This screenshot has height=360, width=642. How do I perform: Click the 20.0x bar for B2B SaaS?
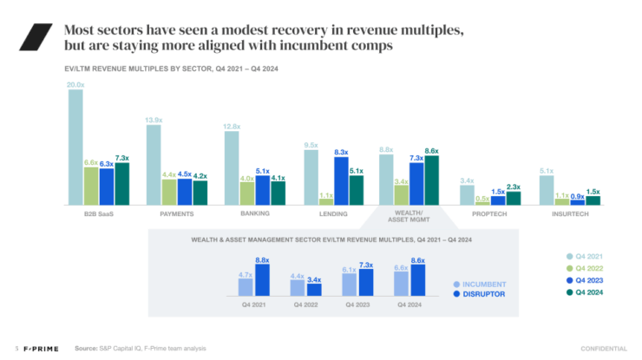pos(76,147)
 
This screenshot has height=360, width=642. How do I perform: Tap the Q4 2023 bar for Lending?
pos(341,180)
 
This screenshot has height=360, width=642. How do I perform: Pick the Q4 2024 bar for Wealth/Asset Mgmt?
pos(432,180)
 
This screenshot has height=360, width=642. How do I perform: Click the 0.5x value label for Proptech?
pos(482,198)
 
